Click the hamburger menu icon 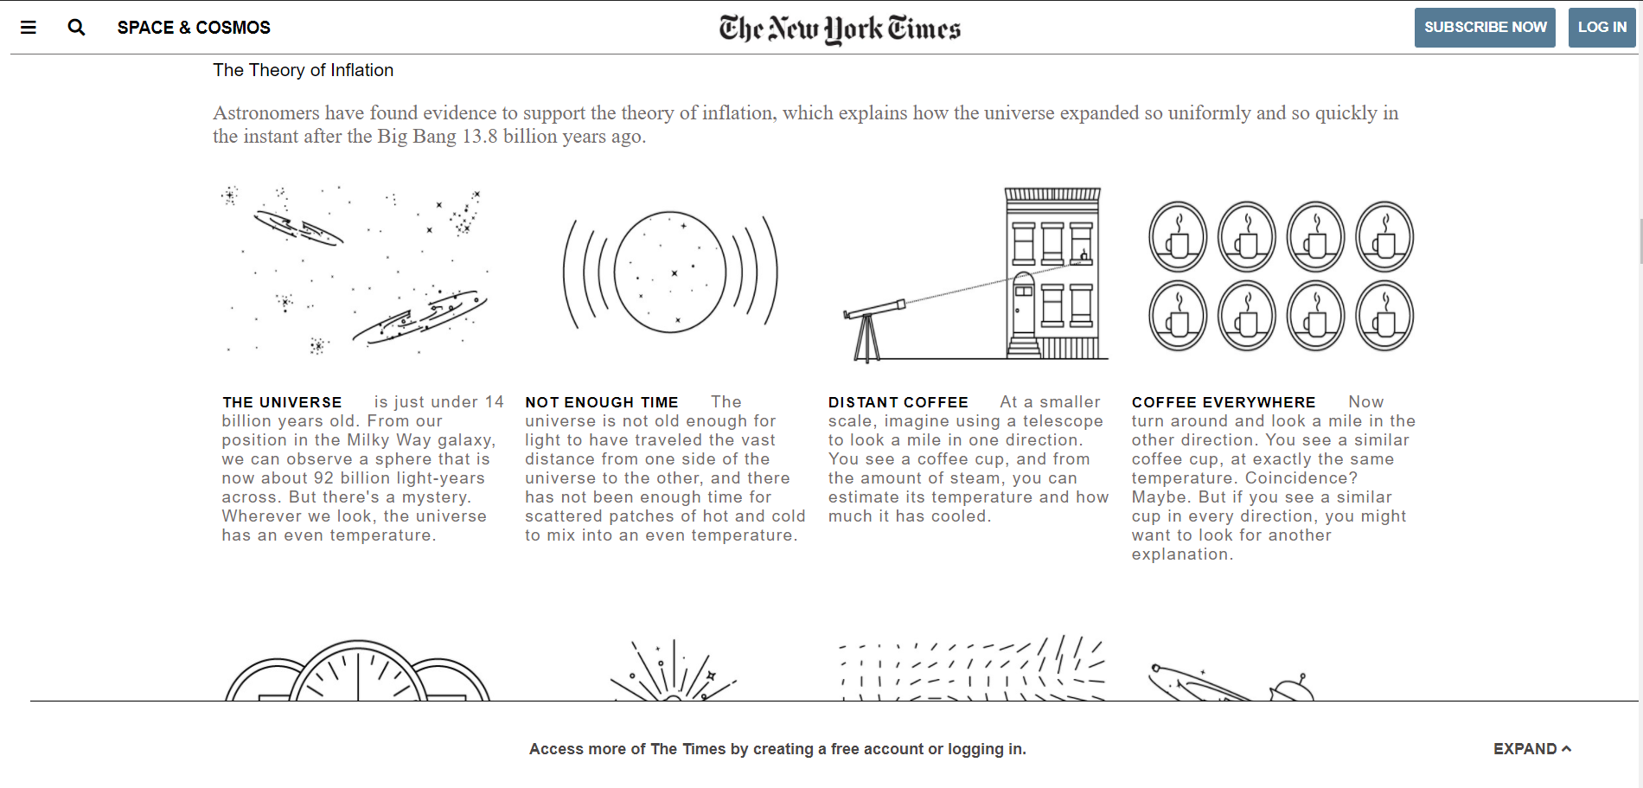pyautogui.click(x=29, y=28)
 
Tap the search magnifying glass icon pyautogui.click(x=76, y=28)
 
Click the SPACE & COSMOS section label pyautogui.click(x=194, y=28)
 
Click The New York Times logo pyautogui.click(x=839, y=29)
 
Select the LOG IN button pyautogui.click(x=1601, y=28)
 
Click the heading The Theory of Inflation pyautogui.click(x=303, y=70)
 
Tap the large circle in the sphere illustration pyautogui.click(x=669, y=272)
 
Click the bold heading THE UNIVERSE pyautogui.click(x=282, y=402)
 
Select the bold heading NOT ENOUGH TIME pyautogui.click(x=601, y=402)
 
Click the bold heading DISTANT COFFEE pyautogui.click(x=898, y=402)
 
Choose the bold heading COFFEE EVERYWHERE pyautogui.click(x=1223, y=402)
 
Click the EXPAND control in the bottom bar pyautogui.click(x=1531, y=749)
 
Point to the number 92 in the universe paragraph pyautogui.click(x=323, y=478)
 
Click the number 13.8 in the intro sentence pyautogui.click(x=480, y=137)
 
